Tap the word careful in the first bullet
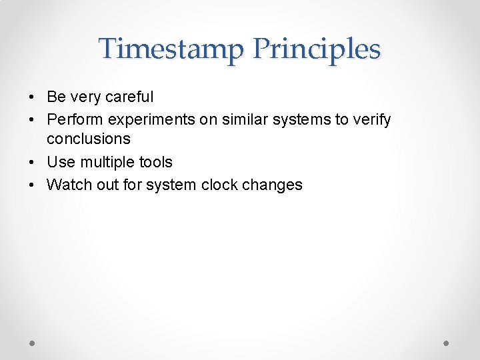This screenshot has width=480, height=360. click(125, 97)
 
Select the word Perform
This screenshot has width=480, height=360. click(73, 120)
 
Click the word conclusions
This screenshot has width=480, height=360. click(89, 139)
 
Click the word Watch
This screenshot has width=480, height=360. click(69, 185)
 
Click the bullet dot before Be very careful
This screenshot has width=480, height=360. click(32, 97)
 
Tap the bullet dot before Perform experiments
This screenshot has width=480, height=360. click(32, 121)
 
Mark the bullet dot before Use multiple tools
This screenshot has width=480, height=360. click(32, 163)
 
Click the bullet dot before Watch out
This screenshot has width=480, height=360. click(32, 185)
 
